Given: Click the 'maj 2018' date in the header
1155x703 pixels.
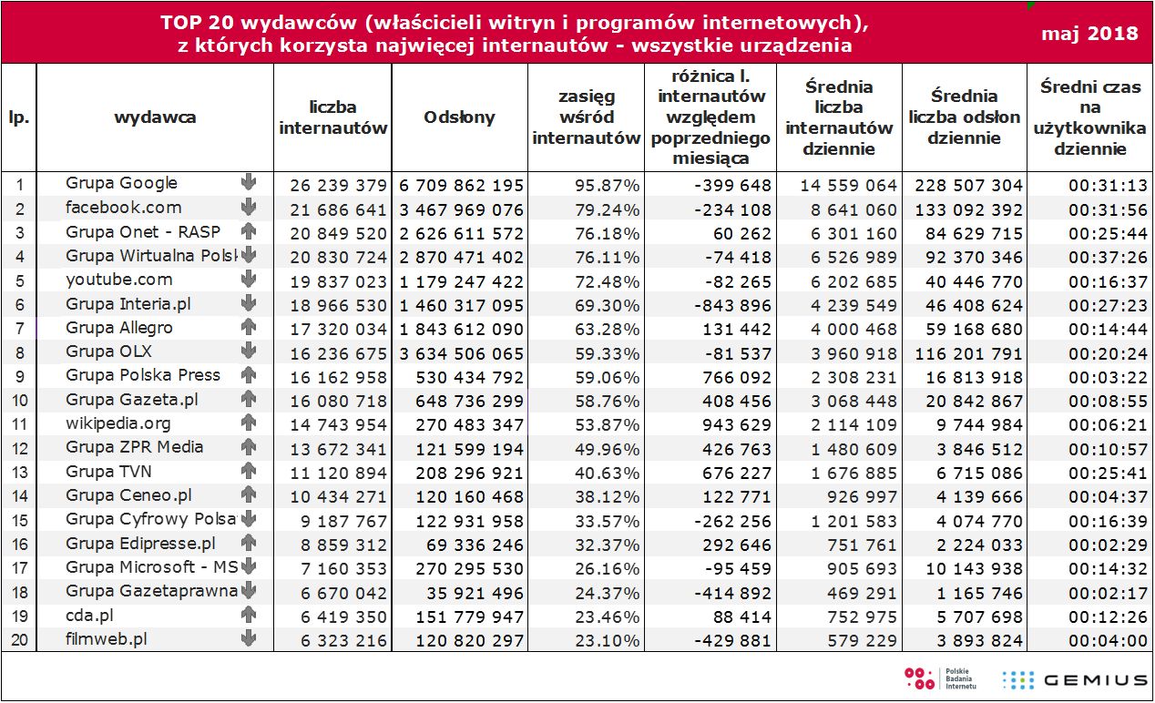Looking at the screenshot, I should point(1089,34).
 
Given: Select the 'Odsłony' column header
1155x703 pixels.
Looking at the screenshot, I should point(460,117).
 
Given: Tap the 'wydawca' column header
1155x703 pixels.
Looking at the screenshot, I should point(155,117).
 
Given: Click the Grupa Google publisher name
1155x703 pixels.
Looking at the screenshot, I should point(121,183).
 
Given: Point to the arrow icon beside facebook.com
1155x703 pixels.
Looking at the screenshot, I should point(248,208).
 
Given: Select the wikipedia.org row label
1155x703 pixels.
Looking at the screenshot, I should point(118,423).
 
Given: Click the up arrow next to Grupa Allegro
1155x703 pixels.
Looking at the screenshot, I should point(248,327).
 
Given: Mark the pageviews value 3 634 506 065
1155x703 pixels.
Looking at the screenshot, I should point(462,351).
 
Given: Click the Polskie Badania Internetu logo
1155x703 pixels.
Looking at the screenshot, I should point(939,678).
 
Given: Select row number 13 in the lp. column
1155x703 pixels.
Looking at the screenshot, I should point(18,472).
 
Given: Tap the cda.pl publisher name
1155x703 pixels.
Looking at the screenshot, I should point(90,615).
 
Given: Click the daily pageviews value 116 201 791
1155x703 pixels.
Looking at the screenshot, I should point(966,351).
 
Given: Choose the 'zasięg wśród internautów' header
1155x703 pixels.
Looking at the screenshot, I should point(586,117).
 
